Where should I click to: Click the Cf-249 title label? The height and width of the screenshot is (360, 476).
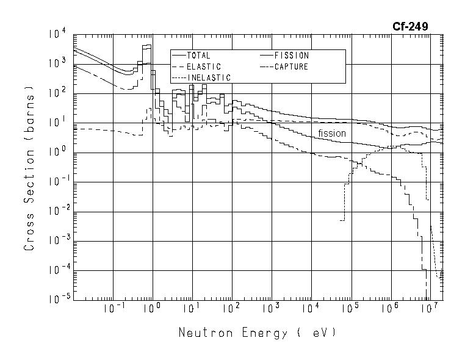click(409, 26)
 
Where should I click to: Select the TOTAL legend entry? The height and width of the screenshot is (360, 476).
click(198, 56)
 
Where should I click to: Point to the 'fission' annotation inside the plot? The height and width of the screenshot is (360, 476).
click(331, 133)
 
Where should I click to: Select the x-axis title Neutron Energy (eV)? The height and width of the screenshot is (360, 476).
click(257, 333)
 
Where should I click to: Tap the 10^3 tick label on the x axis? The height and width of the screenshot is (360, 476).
click(271, 308)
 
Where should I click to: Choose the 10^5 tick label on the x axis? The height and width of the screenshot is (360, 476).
click(350, 308)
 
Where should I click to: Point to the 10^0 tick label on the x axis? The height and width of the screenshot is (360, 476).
click(153, 308)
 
